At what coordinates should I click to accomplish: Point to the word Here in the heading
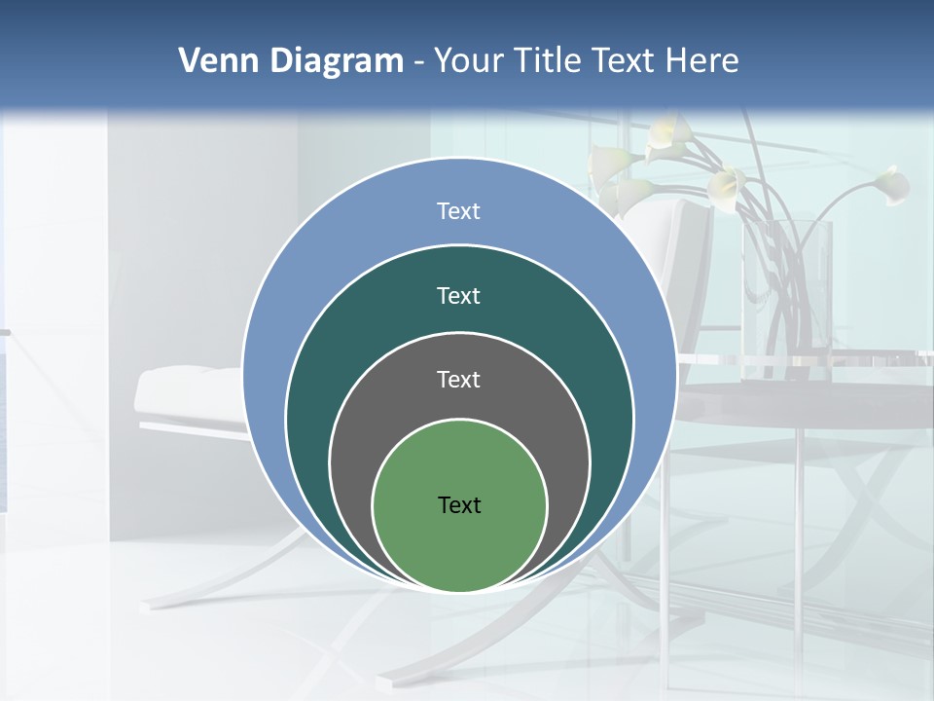[x=701, y=61]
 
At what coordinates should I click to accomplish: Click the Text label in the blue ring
[x=459, y=211]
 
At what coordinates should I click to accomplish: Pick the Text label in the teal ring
[x=459, y=296]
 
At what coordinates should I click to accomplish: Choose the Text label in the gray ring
[x=459, y=380]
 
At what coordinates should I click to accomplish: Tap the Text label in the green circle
[x=459, y=505]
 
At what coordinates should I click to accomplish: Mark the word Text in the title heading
[x=627, y=61]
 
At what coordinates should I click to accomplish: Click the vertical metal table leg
[x=798, y=506]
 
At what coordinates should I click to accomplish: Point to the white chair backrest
[x=681, y=243]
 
